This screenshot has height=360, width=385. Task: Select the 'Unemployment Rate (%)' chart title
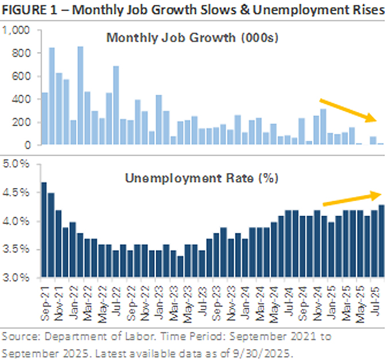(x=201, y=178)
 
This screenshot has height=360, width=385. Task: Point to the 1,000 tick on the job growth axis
(x=19, y=30)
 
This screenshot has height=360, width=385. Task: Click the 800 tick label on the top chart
(x=23, y=53)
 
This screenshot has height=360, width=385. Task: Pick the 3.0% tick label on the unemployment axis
(x=19, y=278)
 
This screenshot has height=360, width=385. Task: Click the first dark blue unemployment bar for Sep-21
(x=44, y=229)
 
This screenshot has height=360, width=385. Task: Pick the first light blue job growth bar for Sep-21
(x=44, y=119)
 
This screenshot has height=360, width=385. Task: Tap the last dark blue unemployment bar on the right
(x=381, y=241)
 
